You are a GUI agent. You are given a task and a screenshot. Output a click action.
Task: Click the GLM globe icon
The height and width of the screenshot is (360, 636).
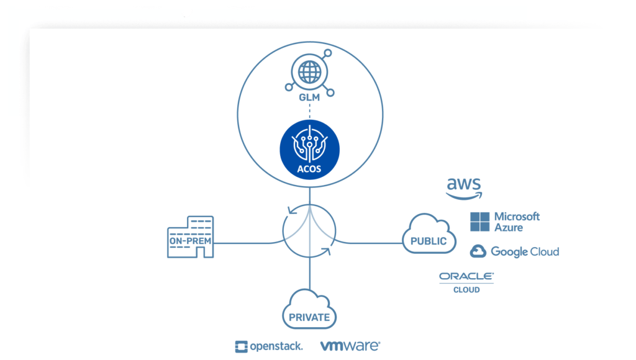coord(309,73)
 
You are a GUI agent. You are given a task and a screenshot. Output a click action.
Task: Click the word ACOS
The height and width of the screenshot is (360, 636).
coord(309,166)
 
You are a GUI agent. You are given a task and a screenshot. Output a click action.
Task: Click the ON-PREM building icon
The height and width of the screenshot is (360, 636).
coord(190,237)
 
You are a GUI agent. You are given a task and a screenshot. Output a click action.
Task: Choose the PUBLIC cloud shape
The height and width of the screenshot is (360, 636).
coord(429,236)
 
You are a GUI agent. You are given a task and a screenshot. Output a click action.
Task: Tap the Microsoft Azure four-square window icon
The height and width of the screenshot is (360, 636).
coord(479,222)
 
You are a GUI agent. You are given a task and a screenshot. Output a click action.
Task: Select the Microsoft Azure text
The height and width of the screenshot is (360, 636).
coord(517,222)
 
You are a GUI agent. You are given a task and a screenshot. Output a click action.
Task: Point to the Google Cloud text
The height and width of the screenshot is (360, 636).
coord(525,251)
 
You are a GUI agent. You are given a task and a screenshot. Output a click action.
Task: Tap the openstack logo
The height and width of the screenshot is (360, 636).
coord(269,346)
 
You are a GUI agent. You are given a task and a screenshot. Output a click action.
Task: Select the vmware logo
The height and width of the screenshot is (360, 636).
coord(350,346)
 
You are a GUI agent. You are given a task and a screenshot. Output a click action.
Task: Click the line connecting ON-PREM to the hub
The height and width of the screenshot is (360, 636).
coord(248,243)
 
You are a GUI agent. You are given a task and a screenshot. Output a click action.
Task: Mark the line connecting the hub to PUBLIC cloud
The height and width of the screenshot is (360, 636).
coord(370,243)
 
